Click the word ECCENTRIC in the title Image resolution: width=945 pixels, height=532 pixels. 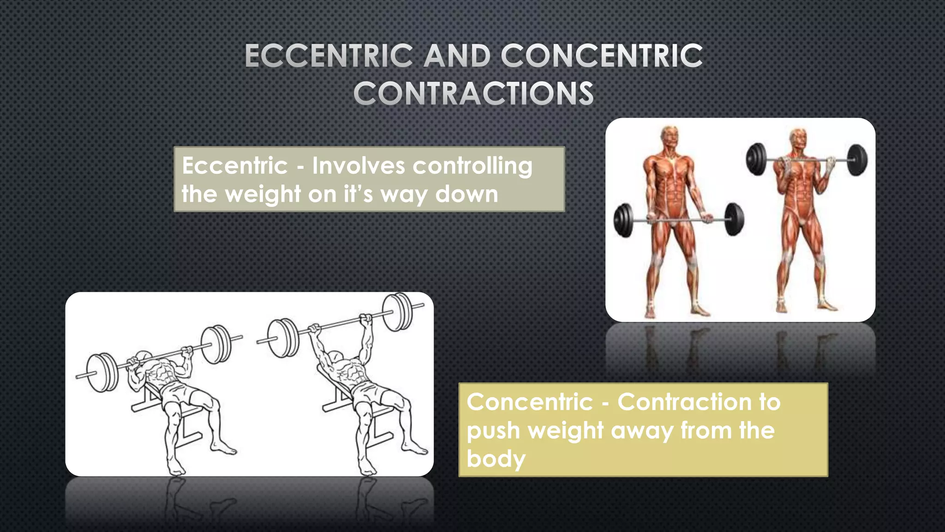pyautogui.click(x=329, y=56)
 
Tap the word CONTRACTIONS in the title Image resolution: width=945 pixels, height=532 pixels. pyautogui.click(x=473, y=94)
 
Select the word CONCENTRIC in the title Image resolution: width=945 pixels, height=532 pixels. pyautogui.click(x=602, y=56)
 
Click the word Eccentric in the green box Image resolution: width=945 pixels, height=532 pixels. pyautogui.click(x=234, y=166)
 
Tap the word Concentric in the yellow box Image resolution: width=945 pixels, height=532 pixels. pyautogui.click(x=529, y=402)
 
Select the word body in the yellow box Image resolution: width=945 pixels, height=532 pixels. pyautogui.click(x=496, y=459)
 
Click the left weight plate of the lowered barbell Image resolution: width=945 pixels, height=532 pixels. pyautogui.click(x=624, y=221)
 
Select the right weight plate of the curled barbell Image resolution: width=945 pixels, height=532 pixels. pyautogui.click(x=857, y=160)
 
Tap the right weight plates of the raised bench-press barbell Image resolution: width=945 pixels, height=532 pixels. pyautogui.click(x=397, y=312)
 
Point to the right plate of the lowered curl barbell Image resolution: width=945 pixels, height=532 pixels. pyautogui.click(x=734, y=219)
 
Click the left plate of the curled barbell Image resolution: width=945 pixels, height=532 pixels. pyautogui.click(x=756, y=159)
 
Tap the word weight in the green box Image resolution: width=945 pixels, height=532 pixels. pyautogui.click(x=263, y=194)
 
